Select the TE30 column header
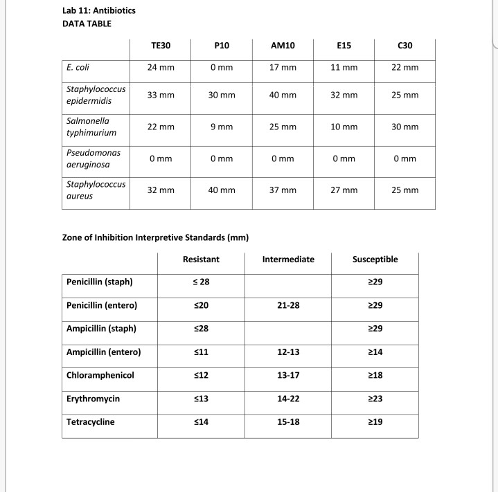161,46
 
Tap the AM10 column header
283,46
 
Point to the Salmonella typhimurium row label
91,127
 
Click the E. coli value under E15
344,68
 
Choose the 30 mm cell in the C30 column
405,127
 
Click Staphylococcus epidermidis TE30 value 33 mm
161,95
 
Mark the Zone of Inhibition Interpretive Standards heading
155,237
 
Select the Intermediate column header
288,259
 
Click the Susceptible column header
375,259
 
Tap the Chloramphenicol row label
100,375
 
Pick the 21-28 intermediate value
288,305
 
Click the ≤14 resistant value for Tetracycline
201,421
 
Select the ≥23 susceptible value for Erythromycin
375,399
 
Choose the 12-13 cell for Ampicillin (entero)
288,352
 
